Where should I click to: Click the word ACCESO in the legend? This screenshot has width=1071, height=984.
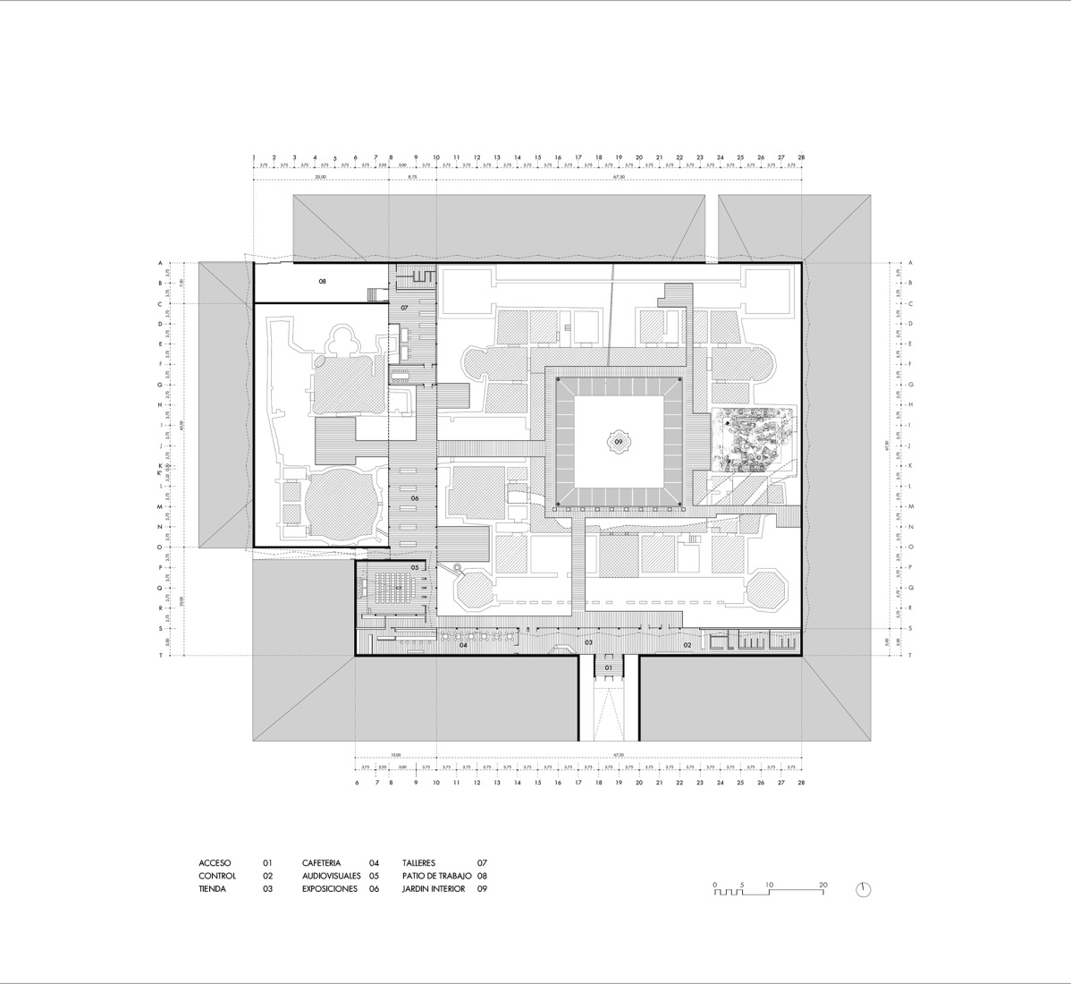[215, 863]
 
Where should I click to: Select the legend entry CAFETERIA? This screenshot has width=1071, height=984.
[321, 863]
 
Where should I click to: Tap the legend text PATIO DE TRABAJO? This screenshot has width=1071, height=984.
[432, 877]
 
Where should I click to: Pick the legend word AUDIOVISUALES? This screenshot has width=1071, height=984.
[331, 877]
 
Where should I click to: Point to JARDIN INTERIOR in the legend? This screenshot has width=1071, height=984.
[434, 889]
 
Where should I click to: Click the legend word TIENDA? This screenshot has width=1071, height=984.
[212, 889]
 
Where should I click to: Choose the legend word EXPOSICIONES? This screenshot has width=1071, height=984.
[329, 889]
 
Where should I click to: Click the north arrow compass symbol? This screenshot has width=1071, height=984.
[863, 889]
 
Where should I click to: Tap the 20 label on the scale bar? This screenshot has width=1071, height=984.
[822, 885]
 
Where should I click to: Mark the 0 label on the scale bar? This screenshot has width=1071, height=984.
[714, 885]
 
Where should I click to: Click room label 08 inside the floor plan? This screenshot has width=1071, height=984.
[322, 281]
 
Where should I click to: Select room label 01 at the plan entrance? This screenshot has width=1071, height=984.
[608, 667]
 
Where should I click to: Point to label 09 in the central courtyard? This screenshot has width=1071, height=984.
[618, 442]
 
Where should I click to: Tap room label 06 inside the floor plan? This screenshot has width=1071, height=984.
[415, 498]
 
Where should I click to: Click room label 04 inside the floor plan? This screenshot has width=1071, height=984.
[463, 644]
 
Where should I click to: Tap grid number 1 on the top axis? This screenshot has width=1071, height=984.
[254, 157]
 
